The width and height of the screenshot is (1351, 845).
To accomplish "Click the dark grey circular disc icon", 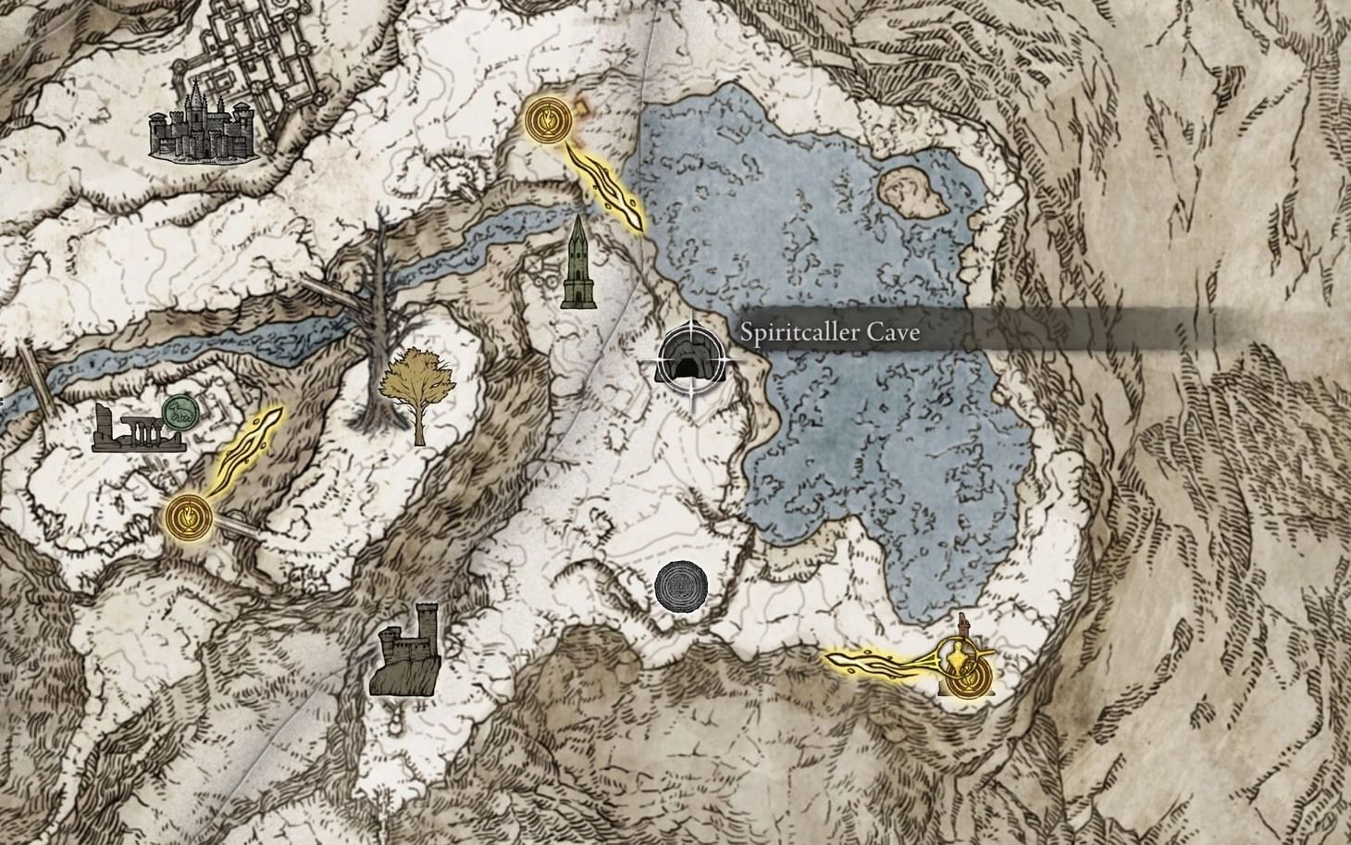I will pyautogui.click(x=681, y=586).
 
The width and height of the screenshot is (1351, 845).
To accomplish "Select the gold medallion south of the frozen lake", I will pyautogui.click(x=969, y=676).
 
